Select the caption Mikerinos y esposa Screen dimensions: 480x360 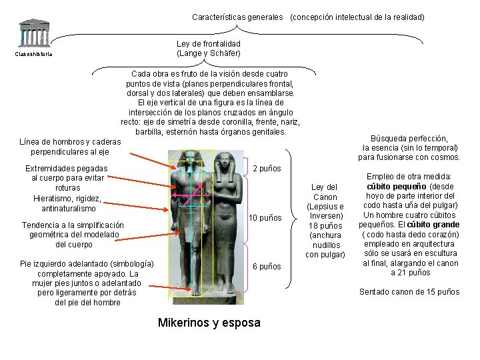[x=209, y=323]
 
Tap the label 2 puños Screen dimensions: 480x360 [x=267, y=169]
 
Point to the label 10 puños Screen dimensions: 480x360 [x=265, y=219]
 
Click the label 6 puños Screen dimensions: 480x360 [x=267, y=267]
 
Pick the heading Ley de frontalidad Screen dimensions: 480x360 [x=209, y=44]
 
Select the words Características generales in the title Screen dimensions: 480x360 [x=237, y=17]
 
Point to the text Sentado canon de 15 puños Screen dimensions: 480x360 [x=409, y=291]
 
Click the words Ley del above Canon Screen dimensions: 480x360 [x=325, y=187]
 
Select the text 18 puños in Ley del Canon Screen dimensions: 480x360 [x=325, y=226]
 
